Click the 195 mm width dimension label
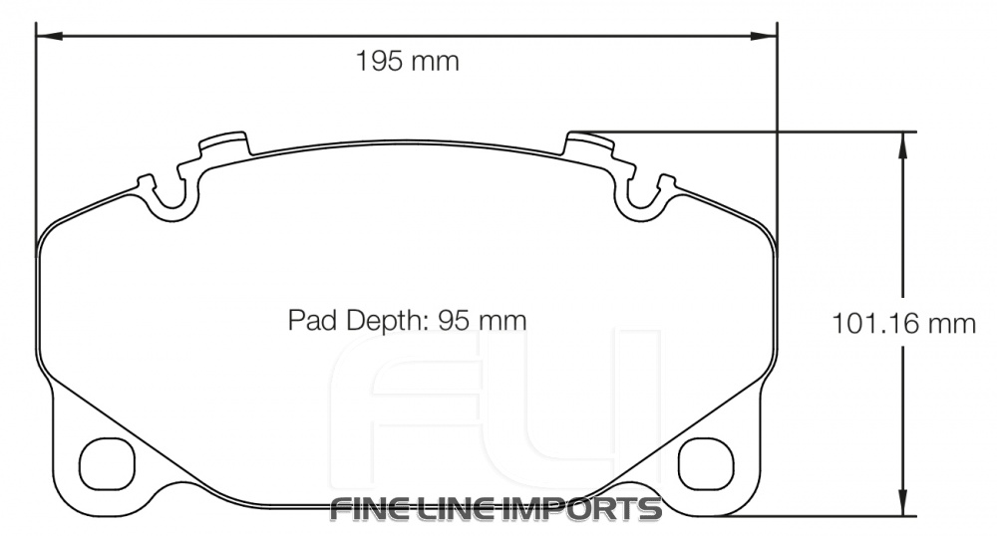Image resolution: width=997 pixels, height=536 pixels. coord(408,62)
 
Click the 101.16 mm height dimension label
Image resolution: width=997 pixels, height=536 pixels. coord(903,324)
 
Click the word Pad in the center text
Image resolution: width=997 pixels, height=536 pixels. coord(307,321)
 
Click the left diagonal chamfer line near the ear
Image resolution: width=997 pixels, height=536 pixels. coord(110,408)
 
